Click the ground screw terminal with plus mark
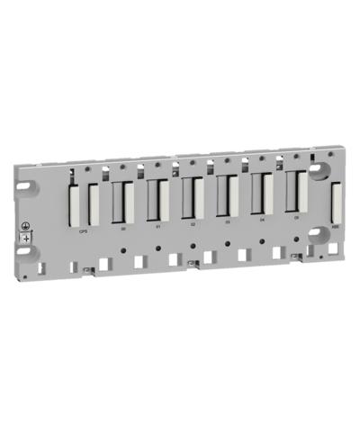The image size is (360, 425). point(26,236)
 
